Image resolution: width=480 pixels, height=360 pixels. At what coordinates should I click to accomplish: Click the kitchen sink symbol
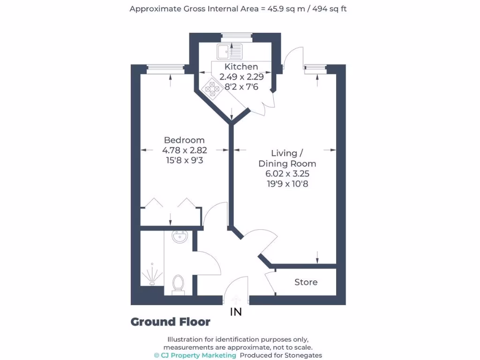pyautogui.click(x=229, y=51)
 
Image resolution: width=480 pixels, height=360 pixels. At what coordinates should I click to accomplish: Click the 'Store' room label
pyautogui.click(x=306, y=282)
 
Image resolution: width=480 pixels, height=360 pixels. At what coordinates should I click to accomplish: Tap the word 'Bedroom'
pyautogui.click(x=184, y=140)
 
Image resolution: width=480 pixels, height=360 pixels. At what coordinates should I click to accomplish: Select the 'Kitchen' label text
pyautogui.click(x=241, y=67)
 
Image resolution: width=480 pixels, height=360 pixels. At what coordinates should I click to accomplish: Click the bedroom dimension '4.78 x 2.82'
pyautogui.click(x=184, y=150)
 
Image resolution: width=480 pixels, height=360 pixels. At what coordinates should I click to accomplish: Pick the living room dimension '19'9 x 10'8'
pyautogui.click(x=287, y=184)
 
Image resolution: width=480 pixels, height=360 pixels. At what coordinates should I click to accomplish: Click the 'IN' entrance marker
pyautogui.click(x=236, y=312)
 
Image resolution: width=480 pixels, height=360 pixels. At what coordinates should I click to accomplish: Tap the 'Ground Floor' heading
pyautogui.click(x=170, y=322)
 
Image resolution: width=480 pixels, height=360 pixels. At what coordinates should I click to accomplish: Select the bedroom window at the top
pyautogui.click(x=165, y=68)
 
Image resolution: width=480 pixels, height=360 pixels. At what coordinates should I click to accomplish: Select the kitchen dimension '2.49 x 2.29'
pyautogui.click(x=241, y=77)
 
